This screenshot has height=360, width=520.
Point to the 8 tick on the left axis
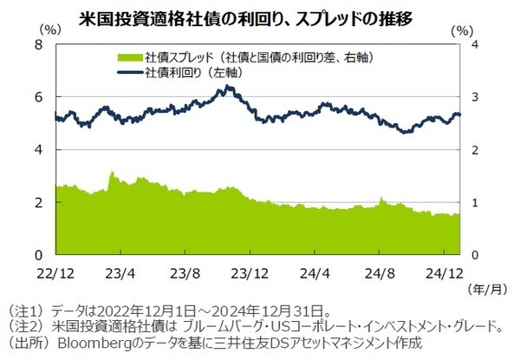pos(38,43)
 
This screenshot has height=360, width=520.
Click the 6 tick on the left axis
pos(38,96)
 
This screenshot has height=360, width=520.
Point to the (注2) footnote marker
pos(23,325)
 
